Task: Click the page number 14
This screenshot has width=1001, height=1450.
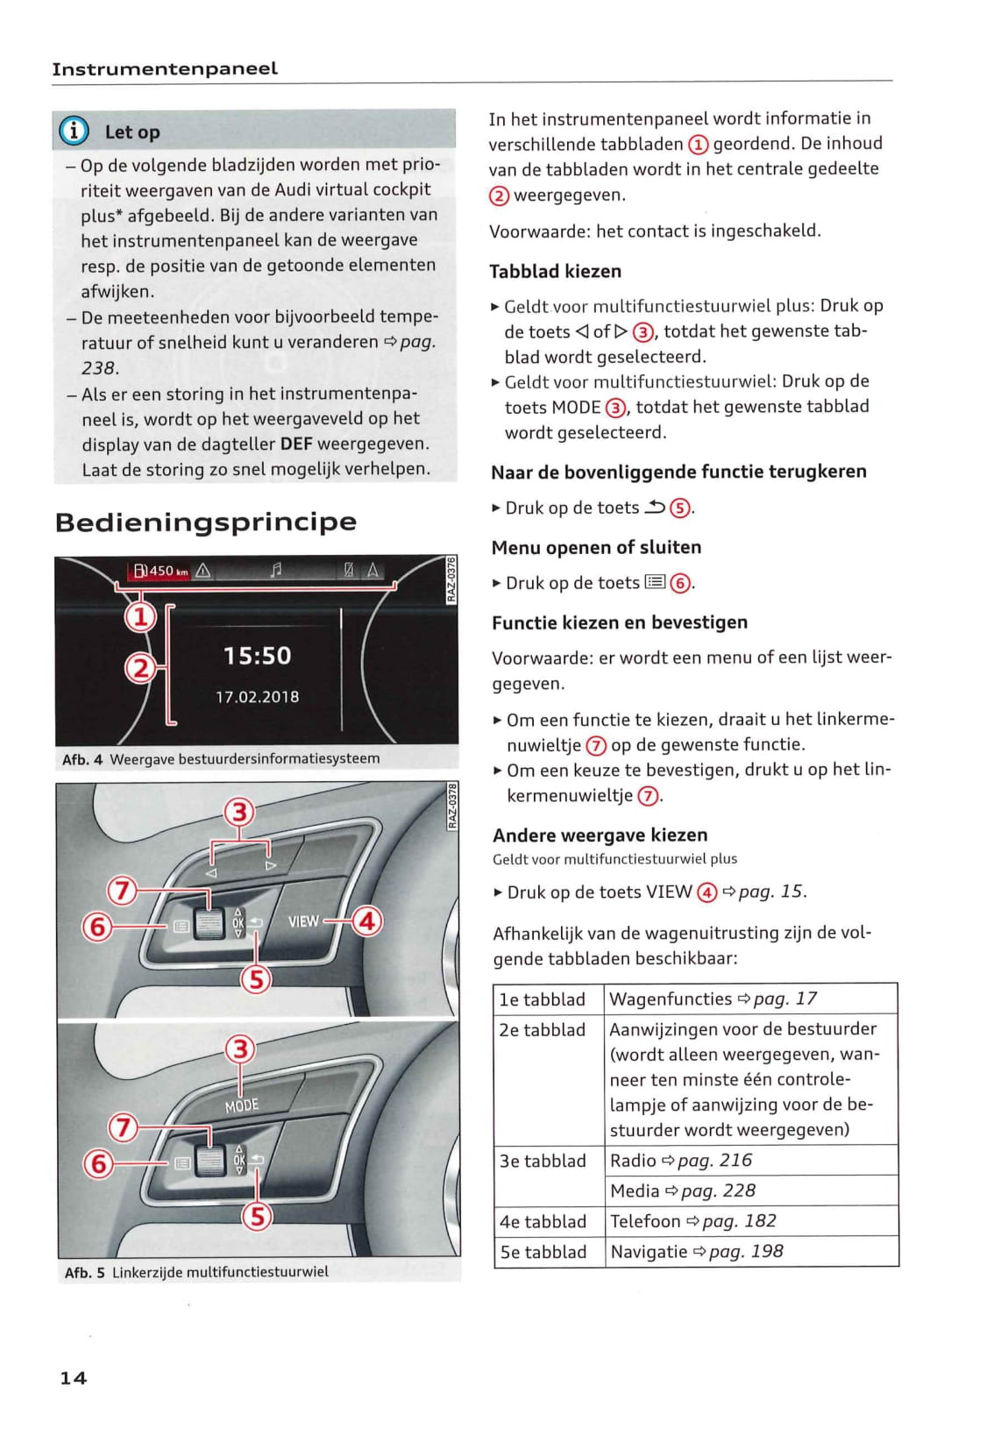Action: point(74,1378)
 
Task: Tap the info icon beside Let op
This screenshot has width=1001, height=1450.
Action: point(74,131)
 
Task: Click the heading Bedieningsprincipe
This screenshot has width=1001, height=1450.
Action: point(206,522)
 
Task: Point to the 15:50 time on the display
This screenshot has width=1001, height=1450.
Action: point(257,656)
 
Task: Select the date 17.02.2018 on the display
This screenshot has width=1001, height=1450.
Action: point(258,697)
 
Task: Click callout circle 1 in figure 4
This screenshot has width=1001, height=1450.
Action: point(139,617)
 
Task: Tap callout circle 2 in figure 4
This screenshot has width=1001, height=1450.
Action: point(139,669)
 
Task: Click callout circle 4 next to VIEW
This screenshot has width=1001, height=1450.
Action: point(367,921)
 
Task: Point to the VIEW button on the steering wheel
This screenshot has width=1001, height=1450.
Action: point(303,921)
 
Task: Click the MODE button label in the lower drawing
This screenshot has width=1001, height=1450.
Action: point(242,1105)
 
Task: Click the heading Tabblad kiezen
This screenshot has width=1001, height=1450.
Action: point(555,272)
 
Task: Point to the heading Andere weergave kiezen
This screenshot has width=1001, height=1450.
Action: point(600,835)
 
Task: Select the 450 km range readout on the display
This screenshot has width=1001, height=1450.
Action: point(161,571)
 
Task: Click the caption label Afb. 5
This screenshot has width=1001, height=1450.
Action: point(84,1272)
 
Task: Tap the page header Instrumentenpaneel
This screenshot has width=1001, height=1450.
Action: point(165,69)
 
